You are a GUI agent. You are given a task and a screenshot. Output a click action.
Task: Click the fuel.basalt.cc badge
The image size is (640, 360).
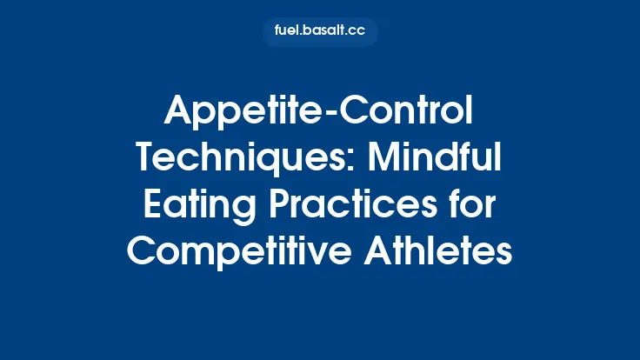click(x=320, y=32)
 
